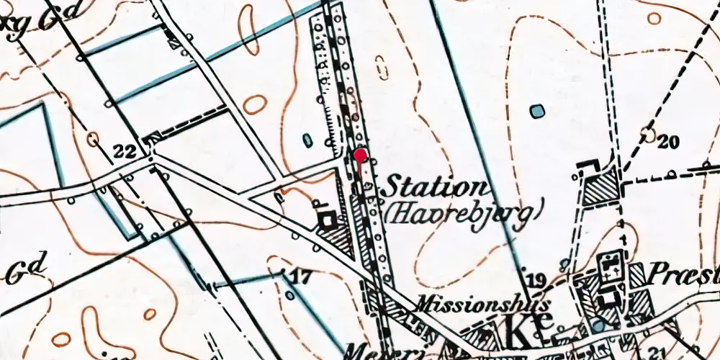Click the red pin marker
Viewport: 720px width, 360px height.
361,155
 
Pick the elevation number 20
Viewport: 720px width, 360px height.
668,142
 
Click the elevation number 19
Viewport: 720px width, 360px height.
534,280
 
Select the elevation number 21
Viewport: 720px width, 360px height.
655,350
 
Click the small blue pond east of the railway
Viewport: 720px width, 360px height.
536,111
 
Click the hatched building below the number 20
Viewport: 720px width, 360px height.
600,190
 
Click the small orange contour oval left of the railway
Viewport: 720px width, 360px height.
255,104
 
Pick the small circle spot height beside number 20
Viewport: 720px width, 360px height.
648,134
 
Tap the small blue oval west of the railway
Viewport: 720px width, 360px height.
308,138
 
